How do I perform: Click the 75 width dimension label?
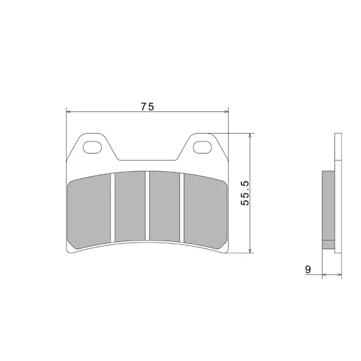tap(147, 106)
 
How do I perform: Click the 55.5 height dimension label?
tap(245, 193)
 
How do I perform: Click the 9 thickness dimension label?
tap(308, 270)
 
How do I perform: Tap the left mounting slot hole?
tap(92, 147)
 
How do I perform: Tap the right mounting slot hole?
tap(202, 147)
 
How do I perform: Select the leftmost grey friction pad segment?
tap(89, 211)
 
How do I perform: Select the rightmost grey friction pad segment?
tap(205, 211)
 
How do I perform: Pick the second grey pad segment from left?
tap(130, 206)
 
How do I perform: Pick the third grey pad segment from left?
tap(164, 206)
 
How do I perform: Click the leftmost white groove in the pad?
tap(113, 208)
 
